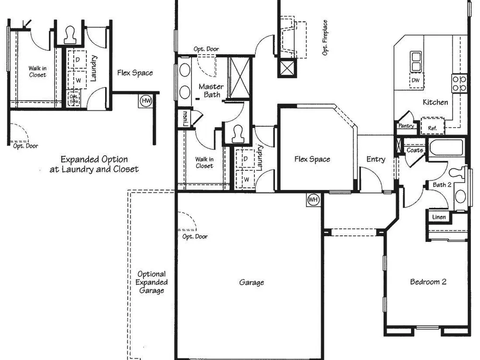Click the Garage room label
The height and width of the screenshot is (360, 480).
pos(252,282)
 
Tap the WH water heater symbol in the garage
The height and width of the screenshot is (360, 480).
pos(313,200)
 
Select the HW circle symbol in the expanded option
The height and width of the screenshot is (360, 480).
pos(146,101)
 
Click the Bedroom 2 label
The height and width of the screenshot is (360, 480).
pos(428,282)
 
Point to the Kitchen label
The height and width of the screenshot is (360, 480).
pos(435,102)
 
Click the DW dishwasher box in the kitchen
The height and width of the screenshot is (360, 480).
pos(416,81)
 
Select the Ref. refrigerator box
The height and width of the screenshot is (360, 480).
pos(432,126)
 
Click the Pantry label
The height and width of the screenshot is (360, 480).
pos(406,125)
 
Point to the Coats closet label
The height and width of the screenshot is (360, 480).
pos(415,150)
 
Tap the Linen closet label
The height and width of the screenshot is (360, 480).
pos(439,217)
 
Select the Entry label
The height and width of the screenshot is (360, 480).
pos(376,159)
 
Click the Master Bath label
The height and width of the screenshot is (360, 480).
pos(211,91)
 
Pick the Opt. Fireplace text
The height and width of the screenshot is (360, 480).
pos(324,37)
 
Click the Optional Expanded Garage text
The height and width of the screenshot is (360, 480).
pos(152,282)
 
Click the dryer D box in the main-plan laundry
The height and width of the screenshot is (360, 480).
pos(245,158)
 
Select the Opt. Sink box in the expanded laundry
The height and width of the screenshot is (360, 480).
pos(73,98)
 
